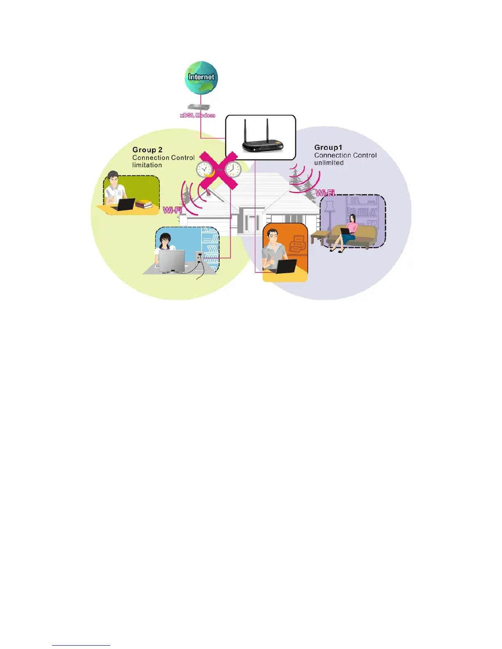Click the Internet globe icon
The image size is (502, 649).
click(x=201, y=78)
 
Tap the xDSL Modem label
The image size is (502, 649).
click(x=197, y=116)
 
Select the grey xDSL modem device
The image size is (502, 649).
click(x=199, y=107)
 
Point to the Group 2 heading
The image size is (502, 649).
click(x=147, y=150)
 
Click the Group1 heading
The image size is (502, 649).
click(x=328, y=147)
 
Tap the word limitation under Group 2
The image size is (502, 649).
click(x=147, y=165)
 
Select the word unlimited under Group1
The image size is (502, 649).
click(x=329, y=163)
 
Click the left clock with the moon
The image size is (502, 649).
click(x=204, y=169)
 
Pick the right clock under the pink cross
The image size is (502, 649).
click(x=233, y=169)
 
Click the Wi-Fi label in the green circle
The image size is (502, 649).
click(x=172, y=210)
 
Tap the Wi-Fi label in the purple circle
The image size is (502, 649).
click(x=325, y=193)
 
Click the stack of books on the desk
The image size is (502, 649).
click(x=144, y=204)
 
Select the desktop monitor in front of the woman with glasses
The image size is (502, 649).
click(x=172, y=260)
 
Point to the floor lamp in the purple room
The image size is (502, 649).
click(x=329, y=217)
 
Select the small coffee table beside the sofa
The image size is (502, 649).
click(x=320, y=236)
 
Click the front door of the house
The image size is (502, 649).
click(x=250, y=223)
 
